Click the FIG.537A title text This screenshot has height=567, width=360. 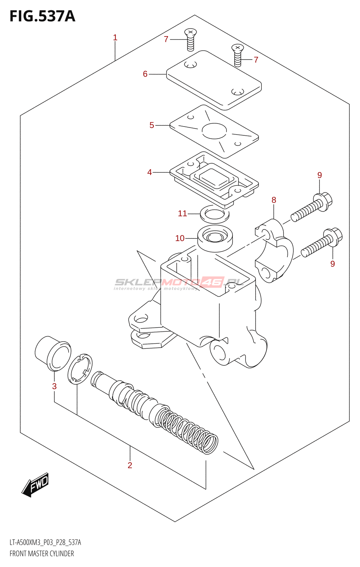click(42, 16)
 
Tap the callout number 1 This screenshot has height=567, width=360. click(115, 38)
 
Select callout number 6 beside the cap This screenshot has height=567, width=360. click(145, 74)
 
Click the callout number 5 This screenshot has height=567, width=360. click(152, 125)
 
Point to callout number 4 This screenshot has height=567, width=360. click(150, 172)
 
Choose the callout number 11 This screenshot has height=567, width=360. click(182, 213)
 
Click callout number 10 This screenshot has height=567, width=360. click(180, 238)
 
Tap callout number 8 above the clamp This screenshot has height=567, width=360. click(274, 200)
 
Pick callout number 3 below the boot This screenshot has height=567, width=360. click(54, 386)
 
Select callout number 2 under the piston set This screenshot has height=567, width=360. click(130, 465)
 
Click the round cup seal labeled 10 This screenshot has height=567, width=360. click(215, 238)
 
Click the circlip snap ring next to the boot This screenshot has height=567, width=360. click(80, 369)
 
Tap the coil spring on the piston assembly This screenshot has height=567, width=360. click(188, 429)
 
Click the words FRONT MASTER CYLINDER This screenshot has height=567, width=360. click(42, 554)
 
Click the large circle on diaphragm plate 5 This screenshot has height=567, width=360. click(214, 131)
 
